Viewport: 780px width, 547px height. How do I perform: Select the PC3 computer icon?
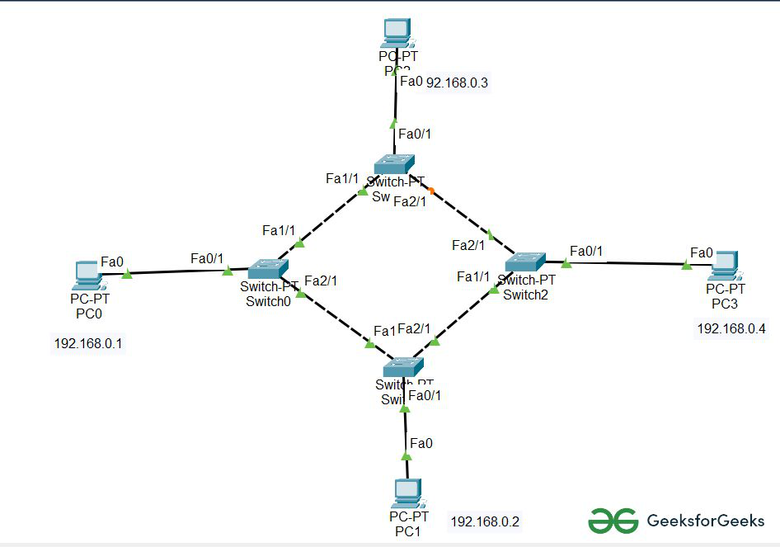tap(726, 263)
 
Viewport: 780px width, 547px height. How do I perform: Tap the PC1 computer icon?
tap(407, 493)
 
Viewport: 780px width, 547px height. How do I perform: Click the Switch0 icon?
tap(268, 268)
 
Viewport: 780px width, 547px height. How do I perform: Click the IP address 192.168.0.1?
tap(88, 343)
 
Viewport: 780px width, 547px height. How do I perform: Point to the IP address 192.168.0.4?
tap(731, 328)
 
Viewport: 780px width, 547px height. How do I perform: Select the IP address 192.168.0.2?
tap(485, 521)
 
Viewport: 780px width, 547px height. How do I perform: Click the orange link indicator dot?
tap(432, 191)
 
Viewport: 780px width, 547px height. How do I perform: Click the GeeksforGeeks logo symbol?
tap(613, 521)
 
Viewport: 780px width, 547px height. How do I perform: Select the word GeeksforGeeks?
tap(706, 521)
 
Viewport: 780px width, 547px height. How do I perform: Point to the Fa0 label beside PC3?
tap(702, 252)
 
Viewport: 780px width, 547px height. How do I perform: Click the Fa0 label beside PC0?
tap(111, 262)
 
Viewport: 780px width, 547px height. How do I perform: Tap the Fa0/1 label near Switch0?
tap(207, 259)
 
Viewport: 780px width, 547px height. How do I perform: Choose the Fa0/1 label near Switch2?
tap(586, 251)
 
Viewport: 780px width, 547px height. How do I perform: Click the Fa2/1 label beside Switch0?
tap(321, 281)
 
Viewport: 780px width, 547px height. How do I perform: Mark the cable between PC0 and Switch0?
tap(177, 271)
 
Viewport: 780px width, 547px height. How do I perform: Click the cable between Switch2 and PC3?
tap(627, 264)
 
